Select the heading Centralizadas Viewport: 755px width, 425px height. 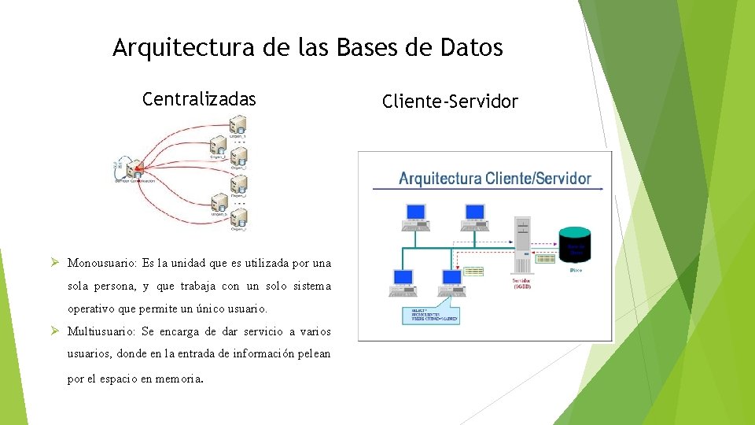[199, 99]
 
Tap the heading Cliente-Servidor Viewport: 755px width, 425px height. [450, 102]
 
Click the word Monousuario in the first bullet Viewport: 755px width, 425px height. [102, 263]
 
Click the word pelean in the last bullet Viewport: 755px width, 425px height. [313, 354]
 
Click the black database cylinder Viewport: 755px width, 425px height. [574, 244]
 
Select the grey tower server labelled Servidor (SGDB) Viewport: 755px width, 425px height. [522, 243]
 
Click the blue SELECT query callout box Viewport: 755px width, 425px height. [429, 315]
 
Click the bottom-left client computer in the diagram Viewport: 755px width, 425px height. [403, 281]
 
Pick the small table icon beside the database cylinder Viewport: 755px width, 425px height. [545, 258]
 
